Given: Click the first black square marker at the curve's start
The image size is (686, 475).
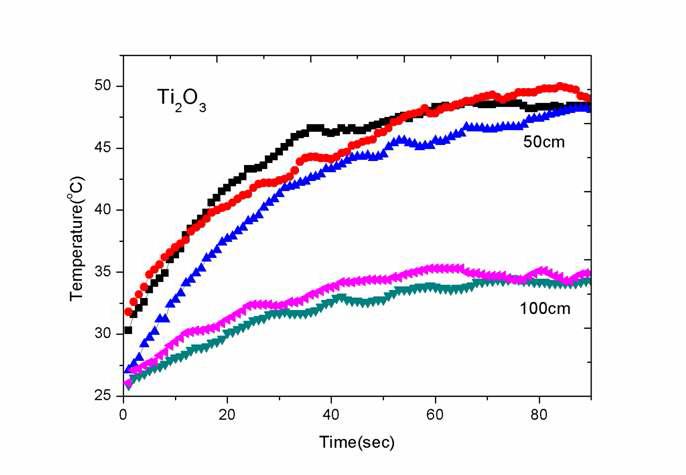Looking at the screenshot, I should (x=128, y=330).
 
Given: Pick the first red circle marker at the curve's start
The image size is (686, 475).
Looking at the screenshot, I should (x=128, y=312).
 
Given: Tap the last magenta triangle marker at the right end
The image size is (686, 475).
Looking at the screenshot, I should (x=588, y=273).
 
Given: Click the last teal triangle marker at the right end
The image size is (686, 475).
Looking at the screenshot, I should (x=588, y=282).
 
